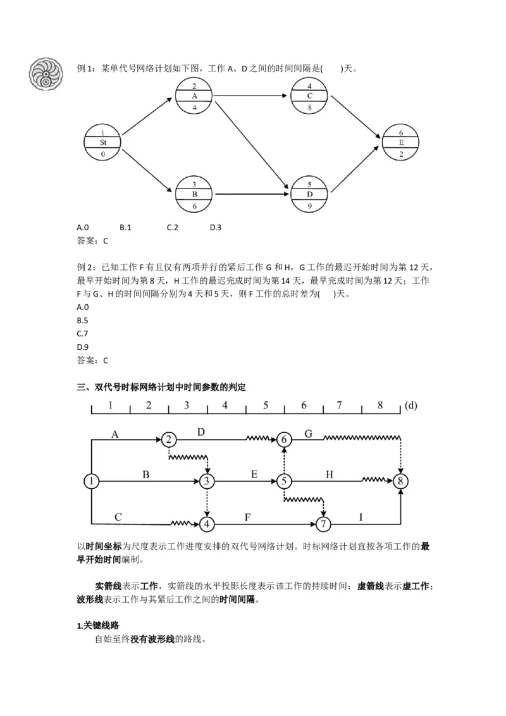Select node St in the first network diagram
click(102, 143)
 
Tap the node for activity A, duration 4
click(194, 96)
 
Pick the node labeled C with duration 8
click(309, 96)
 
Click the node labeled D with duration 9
click(309, 194)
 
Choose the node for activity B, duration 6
click(194, 194)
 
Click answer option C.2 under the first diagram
click(173, 227)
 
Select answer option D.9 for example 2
click(82, 347)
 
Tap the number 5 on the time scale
click(266, 405)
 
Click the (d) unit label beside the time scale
click(411, 405)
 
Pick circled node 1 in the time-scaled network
click(92, 481)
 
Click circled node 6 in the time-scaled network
click(285, 439)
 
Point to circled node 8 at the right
click(400, 481)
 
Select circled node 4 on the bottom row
click(207, 524)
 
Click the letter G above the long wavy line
click(309, 433)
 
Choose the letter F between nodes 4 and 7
click(248, 517)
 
